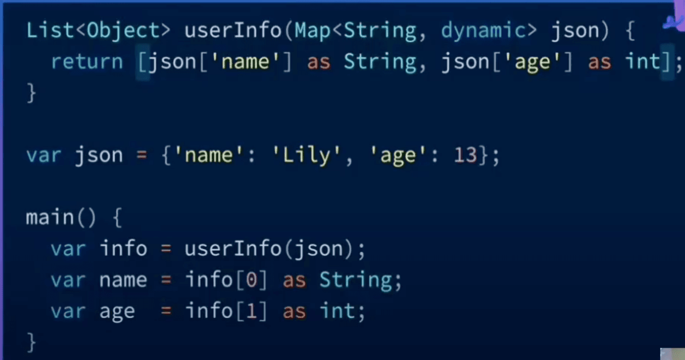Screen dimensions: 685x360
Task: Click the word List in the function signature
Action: click(x=50, y=30)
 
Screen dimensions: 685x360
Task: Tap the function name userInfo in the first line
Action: click(x=233, y=30)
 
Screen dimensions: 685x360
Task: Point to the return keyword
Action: click(x=87, y=62)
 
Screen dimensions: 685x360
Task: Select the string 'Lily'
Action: click(x=306, y=155)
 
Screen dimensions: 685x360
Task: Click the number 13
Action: click(x=466, y=155)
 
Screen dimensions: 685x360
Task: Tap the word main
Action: click(x=50, y=217)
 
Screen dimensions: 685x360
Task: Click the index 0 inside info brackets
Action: click(x=252, y=280)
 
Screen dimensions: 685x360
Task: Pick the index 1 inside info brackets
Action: click(x=252, y=311)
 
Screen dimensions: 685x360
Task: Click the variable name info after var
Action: click(x=123, y=248)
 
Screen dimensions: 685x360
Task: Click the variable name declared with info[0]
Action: click(x=123, y=281)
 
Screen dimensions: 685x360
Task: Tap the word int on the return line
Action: click(x=643, y=62)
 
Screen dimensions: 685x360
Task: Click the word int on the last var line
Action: click(x=337, y=311)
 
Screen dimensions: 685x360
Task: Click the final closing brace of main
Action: click(x=31, y=342)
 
